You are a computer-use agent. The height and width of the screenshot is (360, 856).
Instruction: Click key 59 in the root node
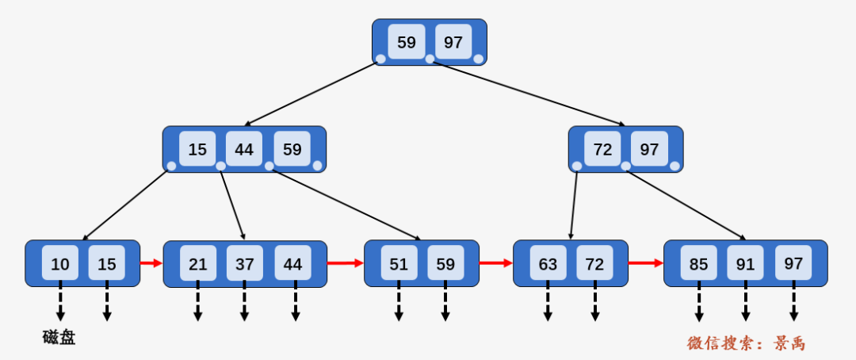pos(406,41)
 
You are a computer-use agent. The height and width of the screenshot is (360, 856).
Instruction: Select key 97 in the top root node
pos(453,41)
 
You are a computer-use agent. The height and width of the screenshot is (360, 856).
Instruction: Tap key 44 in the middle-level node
pos(244,148)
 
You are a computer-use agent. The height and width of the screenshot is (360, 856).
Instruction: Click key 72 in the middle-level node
pos(602,148)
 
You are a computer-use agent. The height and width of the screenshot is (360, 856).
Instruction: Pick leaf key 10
pos(60,263)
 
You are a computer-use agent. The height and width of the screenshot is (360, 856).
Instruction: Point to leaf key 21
pos(197,263)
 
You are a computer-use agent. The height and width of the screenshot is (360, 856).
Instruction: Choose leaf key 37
pos(245,263)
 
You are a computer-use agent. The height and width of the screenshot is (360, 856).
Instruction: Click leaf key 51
pos(399,263)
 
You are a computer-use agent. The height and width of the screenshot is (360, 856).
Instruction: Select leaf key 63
pos(548,263)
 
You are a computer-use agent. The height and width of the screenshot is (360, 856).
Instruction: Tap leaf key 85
pos(698,263)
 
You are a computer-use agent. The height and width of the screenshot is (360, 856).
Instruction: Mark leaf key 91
pos(745,263)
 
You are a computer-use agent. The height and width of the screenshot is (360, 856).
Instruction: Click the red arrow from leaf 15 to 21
pos(151,263)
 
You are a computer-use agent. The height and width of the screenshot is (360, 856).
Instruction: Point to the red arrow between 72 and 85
pos(645,263)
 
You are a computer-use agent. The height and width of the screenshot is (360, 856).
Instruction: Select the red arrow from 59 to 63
pos(495,263)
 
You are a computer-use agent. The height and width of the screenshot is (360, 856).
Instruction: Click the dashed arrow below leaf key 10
pos(60,301)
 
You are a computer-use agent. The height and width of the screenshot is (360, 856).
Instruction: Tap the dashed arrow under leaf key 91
pos(745,301)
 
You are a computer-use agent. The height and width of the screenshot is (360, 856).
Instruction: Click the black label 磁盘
pos(59,338)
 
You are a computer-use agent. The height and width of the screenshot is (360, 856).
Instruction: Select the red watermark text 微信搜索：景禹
pos(746,343)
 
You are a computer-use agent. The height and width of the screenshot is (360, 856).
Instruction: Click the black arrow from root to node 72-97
pos(529,94)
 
